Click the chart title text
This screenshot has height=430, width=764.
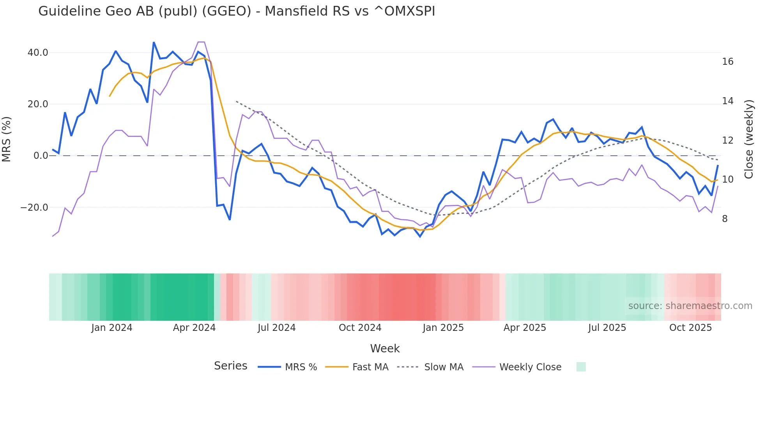pyautogui.click(x=237, y=11)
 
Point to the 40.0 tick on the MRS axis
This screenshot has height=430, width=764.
pyautogui.click(x=38, y=53)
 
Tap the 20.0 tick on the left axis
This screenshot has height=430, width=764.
pyautogui.click(x=38, y=104)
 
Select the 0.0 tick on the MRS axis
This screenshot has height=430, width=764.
pyautogui.click(x=41, y=156)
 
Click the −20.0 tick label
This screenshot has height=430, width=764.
pyautogui.click(x=34, y=208)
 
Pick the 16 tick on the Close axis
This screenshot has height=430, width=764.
pyautogui.click(x=727, y=62)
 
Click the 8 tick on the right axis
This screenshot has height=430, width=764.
pyautogui.click(x=725, y=219)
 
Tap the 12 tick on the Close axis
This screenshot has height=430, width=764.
pyautogui.click(x=727, y=140)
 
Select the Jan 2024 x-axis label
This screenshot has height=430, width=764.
pyautogui.click(x=112, y=328)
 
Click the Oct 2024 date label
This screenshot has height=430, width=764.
pyautogui.click(x=360, y=328)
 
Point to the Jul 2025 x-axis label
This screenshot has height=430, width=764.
pyautogui.click(x=607, y=328)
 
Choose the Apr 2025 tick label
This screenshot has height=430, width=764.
pyautogui.click(x=525, y=328)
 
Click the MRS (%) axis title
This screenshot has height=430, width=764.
pyautogui.click(x=7, y=139)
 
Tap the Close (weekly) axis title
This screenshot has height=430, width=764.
pyautogui.click(x=749, y=139)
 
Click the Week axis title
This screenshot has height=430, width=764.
pyautogui.click(x=385, y=348)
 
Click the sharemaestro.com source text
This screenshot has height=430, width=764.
pyautogui.click(x=690, y=306)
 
